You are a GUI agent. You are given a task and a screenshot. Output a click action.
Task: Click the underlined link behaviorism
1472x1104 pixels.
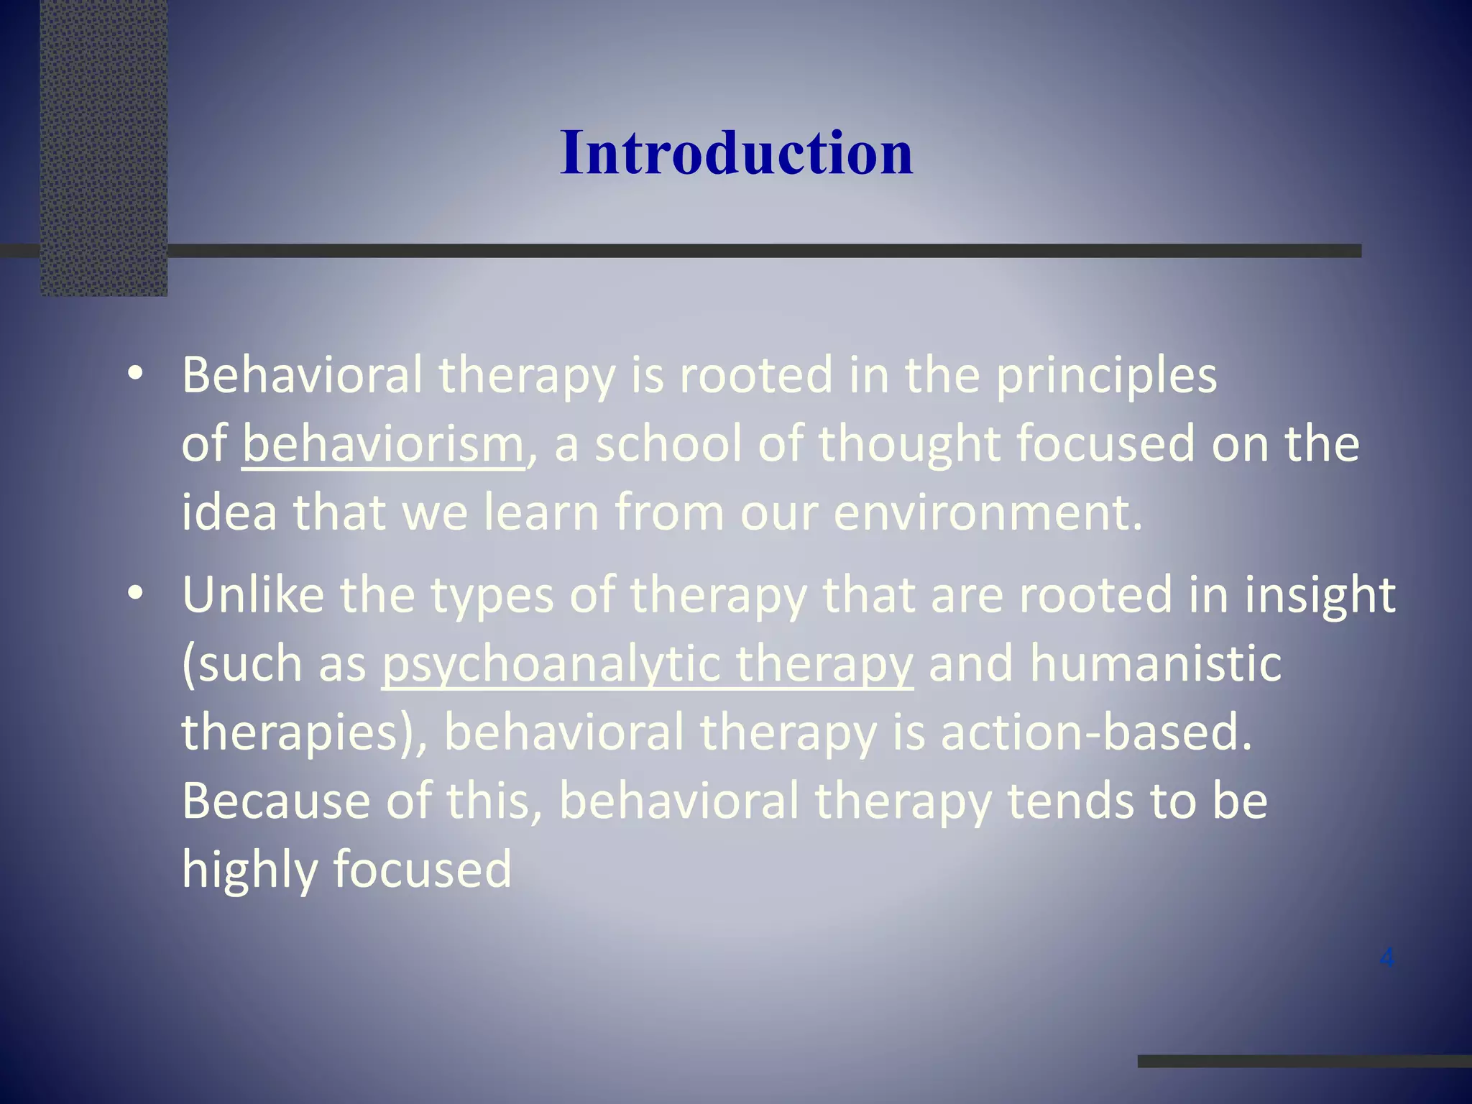click(x=383, y=444)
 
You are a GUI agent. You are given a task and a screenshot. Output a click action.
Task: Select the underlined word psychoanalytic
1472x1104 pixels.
click(x=550, y=663)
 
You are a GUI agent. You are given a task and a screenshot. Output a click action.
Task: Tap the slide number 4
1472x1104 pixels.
click(x=1387, y=957)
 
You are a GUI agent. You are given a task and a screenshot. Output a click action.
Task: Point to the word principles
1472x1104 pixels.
click(x=1106, y=377)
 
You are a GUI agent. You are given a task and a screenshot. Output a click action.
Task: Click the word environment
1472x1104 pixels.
click(x=986, y=512)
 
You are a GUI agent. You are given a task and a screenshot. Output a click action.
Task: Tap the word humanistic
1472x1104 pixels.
click(x=1155, y=663)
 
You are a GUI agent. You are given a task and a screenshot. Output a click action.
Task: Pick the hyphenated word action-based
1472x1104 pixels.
click(x=1095, y=732)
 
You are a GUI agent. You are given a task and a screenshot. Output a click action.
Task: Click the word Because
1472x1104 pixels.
click(x=276, y=801)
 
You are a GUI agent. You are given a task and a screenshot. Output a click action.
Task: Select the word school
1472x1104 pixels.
click(x=668, y=444)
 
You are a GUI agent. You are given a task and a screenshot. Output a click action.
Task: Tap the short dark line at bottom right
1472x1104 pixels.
click(x=1304, y=1061)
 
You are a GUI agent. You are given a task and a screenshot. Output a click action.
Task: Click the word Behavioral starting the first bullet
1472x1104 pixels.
click(x=302, y=375)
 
